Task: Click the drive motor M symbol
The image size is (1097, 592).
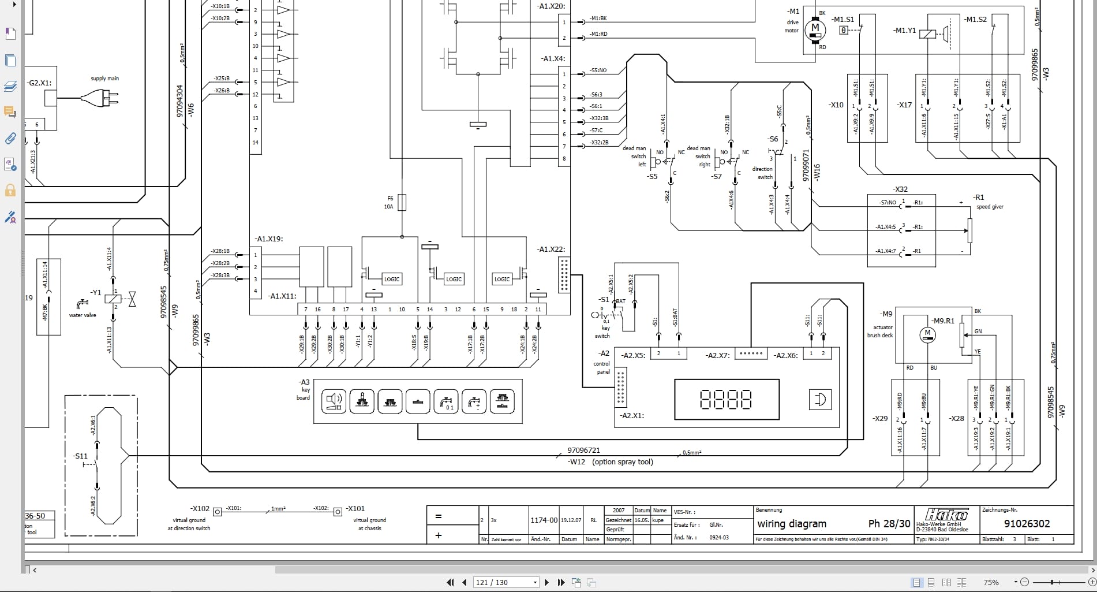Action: [x=815, y=28]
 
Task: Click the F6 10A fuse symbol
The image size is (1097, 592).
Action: [x=402, y=203]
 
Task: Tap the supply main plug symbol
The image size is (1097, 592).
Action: [x=102, y=99]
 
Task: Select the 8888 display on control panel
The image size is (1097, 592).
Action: [x=726, y=399]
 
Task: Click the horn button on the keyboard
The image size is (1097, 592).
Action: [x=334, y=401]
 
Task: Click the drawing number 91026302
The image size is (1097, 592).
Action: [x=1027, y=524]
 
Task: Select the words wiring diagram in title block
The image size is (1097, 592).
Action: [x=792, y=524]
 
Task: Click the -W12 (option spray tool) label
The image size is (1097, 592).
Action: [x=611, y=462]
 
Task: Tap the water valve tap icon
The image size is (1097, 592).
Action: [x=82, y=303]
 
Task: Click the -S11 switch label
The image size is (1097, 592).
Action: [x=80, y=456]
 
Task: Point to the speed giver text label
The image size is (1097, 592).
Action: [x=990, y=207]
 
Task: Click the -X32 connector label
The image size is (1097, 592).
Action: [x=900, y=189]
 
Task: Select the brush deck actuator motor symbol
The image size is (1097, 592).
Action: [x=927, y=334]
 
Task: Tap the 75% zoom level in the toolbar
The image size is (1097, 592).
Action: [x=991, y=582]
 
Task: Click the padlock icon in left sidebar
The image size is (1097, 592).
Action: [x=10, y=190]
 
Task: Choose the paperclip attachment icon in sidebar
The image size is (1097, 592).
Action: [x=10, y=138]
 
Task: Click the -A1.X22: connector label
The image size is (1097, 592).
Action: [x=551, y=250]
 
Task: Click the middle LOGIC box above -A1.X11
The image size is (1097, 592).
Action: [x=454, y=279]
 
